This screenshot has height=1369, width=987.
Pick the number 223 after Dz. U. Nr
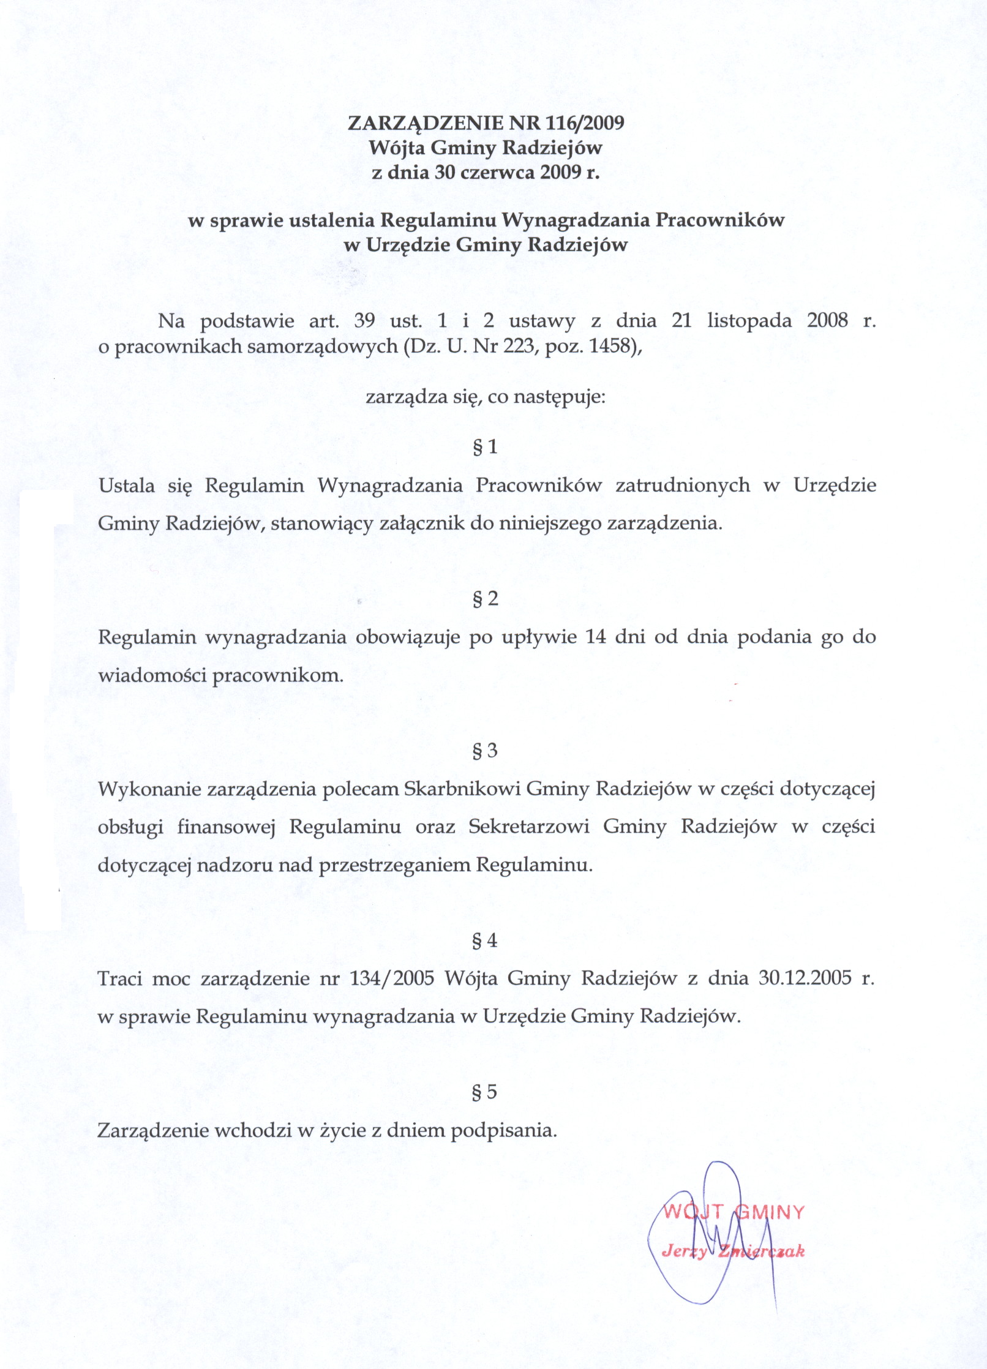point(519,347)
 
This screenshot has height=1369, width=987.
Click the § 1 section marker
point(486,447)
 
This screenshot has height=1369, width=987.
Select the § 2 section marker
point(486,599)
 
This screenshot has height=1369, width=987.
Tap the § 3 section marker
point(486,751)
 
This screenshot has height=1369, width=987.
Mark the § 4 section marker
point(486,940)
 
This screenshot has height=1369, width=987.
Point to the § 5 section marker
point(486,1092)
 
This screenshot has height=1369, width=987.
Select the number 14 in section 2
point(596,637)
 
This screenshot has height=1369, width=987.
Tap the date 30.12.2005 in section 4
point(805,978)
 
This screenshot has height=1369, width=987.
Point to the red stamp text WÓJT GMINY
point(734,1212)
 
